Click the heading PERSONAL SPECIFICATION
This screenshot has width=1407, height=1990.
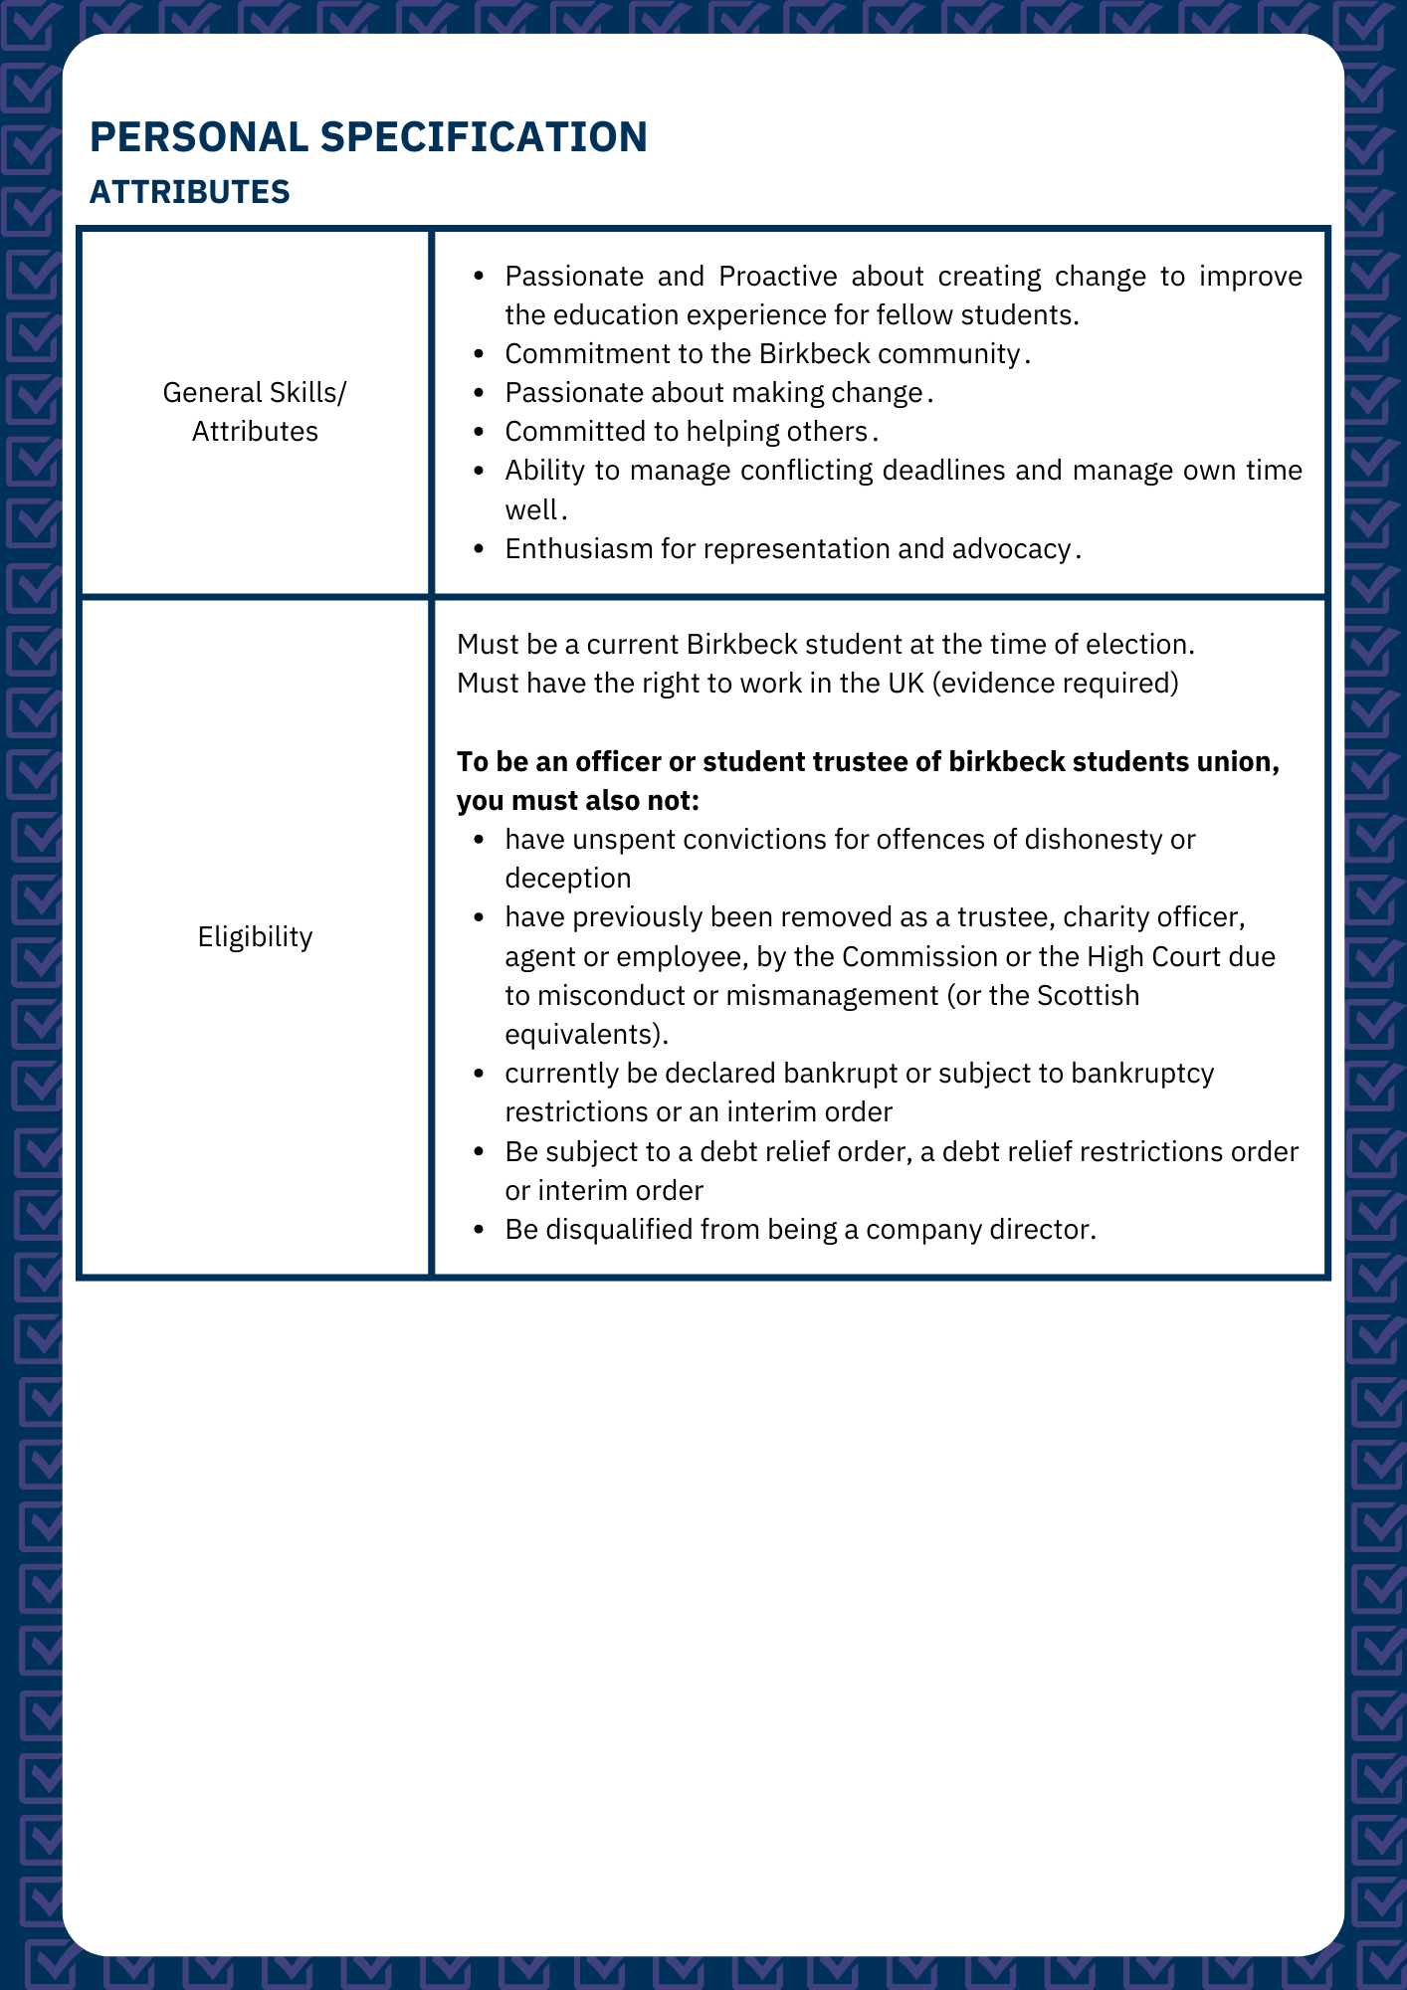point(368,137)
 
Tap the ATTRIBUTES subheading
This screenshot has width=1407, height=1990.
point(189,192)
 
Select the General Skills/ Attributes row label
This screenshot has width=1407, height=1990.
point(255,412)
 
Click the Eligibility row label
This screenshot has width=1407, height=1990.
point(255,936)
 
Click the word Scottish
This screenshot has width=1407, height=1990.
point(1089,996)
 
